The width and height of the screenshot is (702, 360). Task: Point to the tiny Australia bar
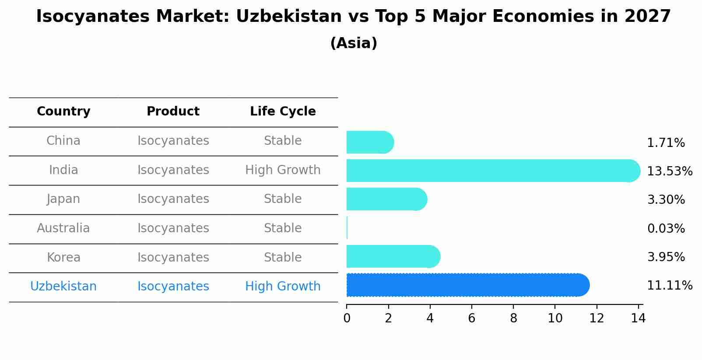pyautogui.click(x=347, y=228)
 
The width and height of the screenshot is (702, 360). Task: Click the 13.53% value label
pyautogui.click(x=669, y=171)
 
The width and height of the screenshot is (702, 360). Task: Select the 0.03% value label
pyautogui.click(x=666, y=228)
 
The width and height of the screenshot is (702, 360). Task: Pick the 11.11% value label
pyautogui.click(x=669, y=286)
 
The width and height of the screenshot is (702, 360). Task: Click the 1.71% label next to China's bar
pyautogui.click(x=666, y=143)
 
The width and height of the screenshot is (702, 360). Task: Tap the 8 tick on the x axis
pyautogui.click(x=513, y=318)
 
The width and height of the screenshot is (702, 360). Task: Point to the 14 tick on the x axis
pyautogui.click(x=638, y=318)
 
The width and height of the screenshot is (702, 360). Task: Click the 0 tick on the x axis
pyautogui.click(x=347, y=318)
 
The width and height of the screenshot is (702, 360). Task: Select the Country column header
pyautogui.click(x=63, y=112)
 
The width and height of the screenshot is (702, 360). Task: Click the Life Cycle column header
pyautogui.click(x=283, y=112)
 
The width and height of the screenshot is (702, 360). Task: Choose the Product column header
pyautogui.click(x=173, y=112)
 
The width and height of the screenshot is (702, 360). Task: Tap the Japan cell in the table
pyautogui.click(x=63, y=199)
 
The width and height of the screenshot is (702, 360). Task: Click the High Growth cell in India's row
pyautogui.click(x=283, y=170)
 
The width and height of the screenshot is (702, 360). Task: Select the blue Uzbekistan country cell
pyautogui.click(x=63, y=287)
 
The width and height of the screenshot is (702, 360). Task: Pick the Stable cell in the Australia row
pyautogui.click(x=283, y=228)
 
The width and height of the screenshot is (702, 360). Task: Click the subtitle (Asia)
pyautogui.click(x=354, y=43)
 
